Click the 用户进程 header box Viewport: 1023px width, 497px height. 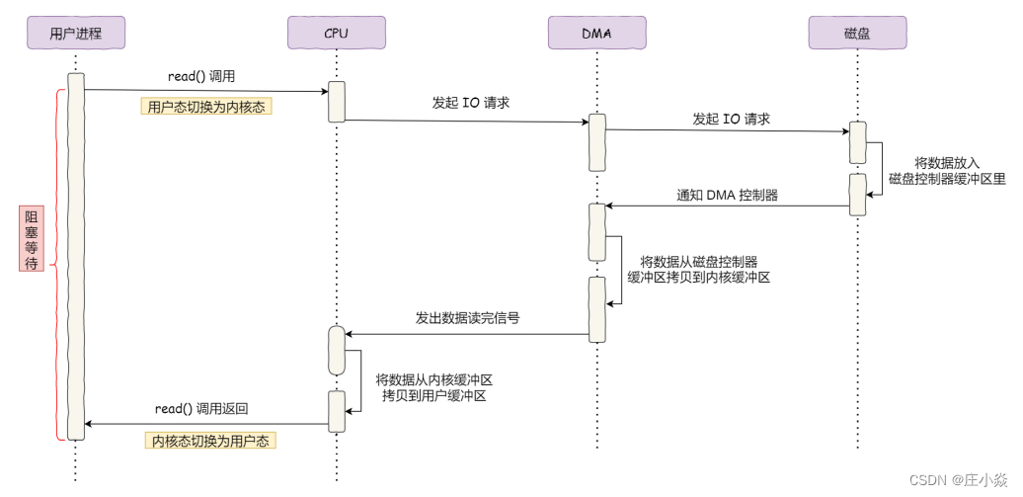75,34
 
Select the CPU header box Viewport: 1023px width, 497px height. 336,34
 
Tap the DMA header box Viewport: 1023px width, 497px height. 596,34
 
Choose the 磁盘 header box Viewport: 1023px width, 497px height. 857,34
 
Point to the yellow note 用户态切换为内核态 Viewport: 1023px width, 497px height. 205,107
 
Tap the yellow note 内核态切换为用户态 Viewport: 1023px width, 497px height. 209,440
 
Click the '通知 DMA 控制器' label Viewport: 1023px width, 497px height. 727,195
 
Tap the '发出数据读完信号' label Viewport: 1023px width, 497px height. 467,318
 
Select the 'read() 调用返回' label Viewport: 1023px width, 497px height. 201,409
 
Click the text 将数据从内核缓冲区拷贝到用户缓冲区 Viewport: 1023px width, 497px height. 433,386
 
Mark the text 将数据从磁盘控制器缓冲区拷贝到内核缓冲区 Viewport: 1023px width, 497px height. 698,270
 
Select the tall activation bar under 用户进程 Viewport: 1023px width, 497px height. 75,256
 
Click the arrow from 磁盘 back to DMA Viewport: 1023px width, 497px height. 727,207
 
